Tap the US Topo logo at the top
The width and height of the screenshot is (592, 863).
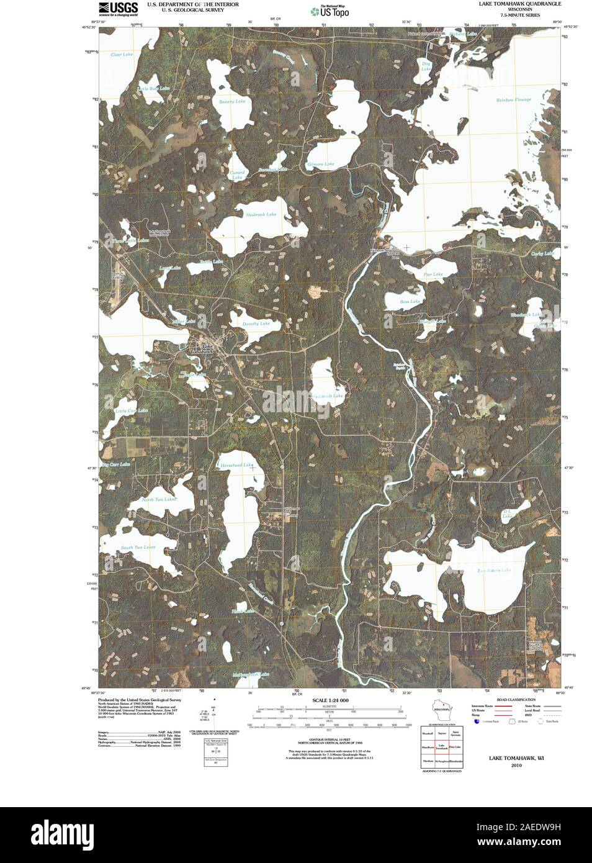(330, 11)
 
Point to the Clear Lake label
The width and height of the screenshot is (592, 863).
(122, 55)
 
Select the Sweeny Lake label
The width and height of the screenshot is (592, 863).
(232, 101)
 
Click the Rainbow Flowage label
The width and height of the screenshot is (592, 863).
(513, 100)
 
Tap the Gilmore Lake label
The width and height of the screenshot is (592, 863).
(321, 164)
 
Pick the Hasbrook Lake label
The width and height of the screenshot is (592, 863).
(261, 214)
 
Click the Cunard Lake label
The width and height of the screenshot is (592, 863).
(238, 175)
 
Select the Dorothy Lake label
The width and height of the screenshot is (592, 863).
(256, 323)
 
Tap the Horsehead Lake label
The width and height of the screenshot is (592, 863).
(236, 465)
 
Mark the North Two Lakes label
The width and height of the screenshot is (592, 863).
(159, 499)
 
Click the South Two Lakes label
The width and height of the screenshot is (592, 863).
(138, 547)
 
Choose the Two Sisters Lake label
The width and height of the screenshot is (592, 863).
(494, 570)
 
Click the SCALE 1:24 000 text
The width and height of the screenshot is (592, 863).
(330, 700)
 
